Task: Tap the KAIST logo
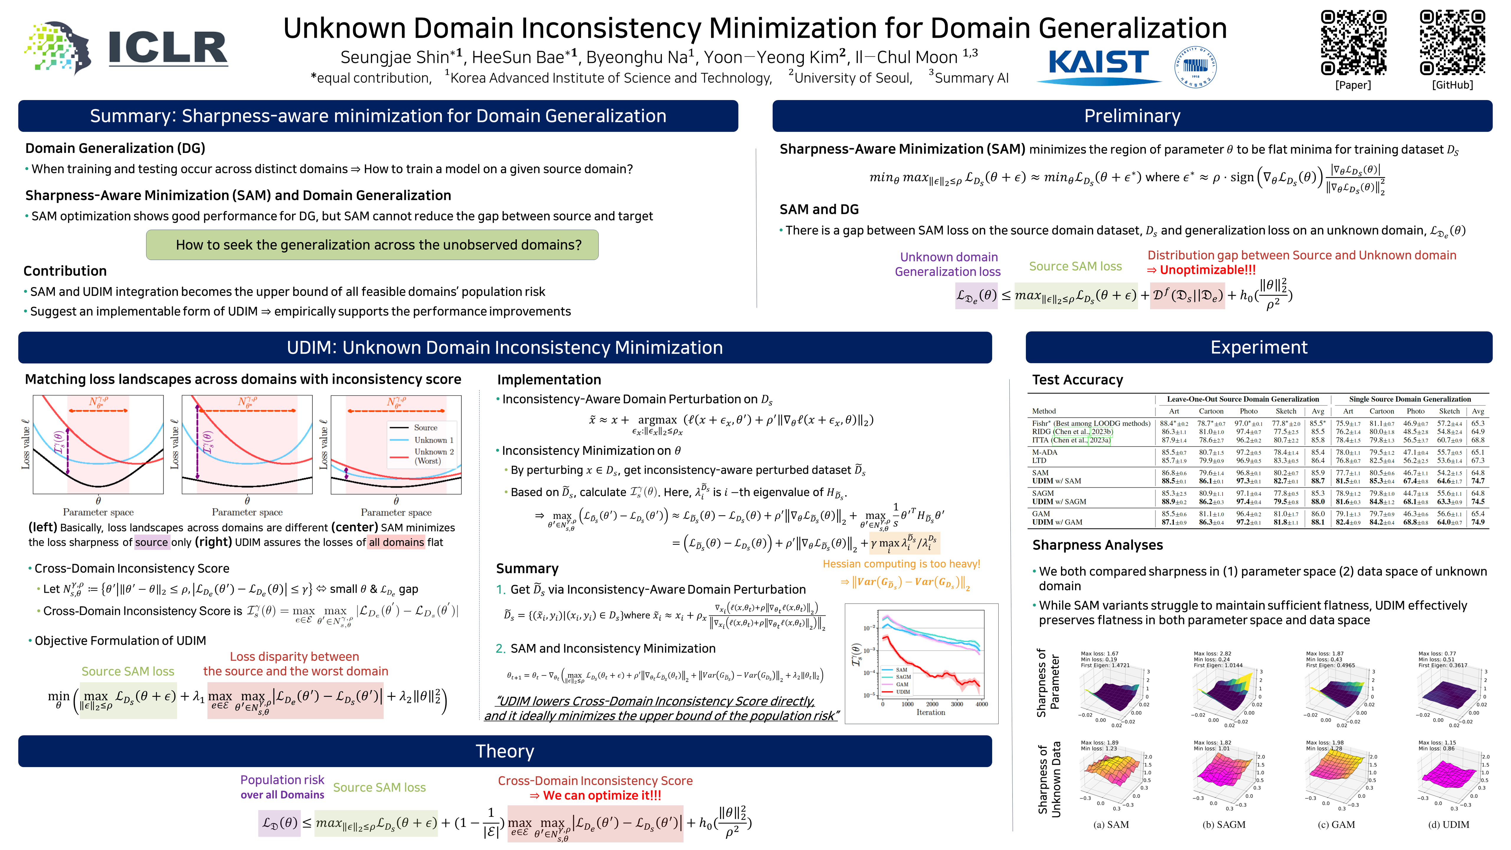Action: click(x=1098, y=63)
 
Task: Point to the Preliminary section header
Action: click(x=1131, y=116)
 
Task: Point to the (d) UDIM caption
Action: click(x=1448, y=824)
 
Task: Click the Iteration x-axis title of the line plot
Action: click(x=930, y=712)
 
